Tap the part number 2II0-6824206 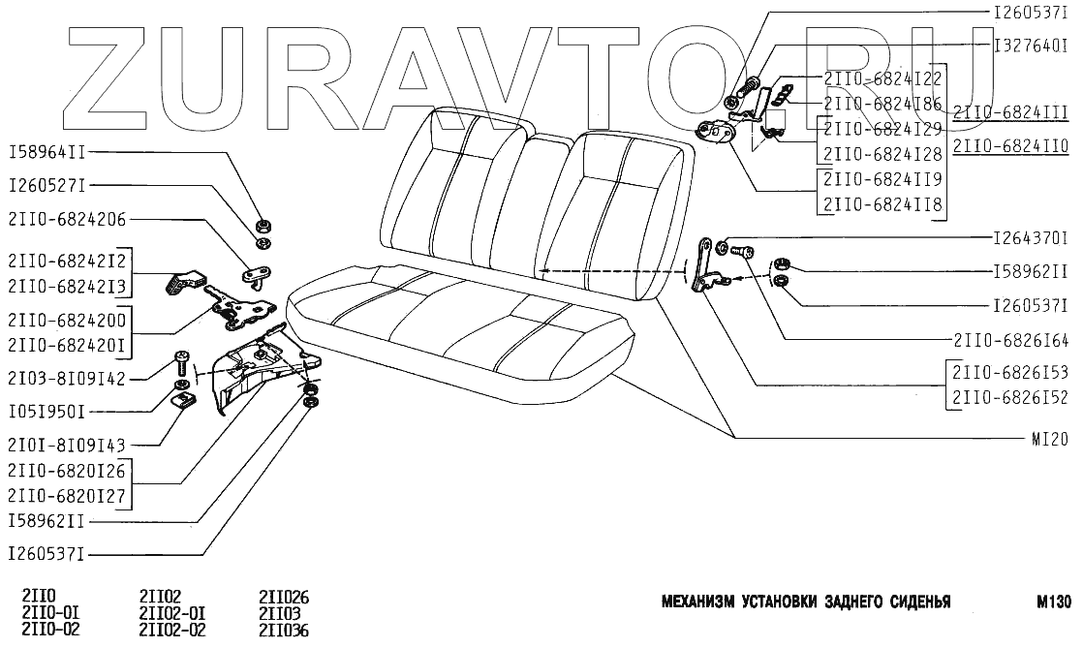[x=68, y=219]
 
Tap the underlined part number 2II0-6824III [x=1010, y=113]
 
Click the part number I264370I [x=1031, y=237]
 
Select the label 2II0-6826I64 [x=1010, y=341]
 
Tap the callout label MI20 [x=1049, y=439]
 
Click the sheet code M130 [x=1051, y=602]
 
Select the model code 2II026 [x=284, y=597]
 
